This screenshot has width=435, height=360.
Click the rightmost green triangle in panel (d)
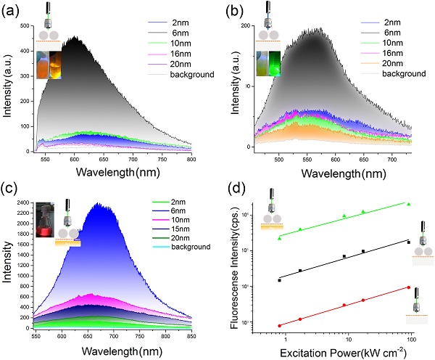pos(410,205)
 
